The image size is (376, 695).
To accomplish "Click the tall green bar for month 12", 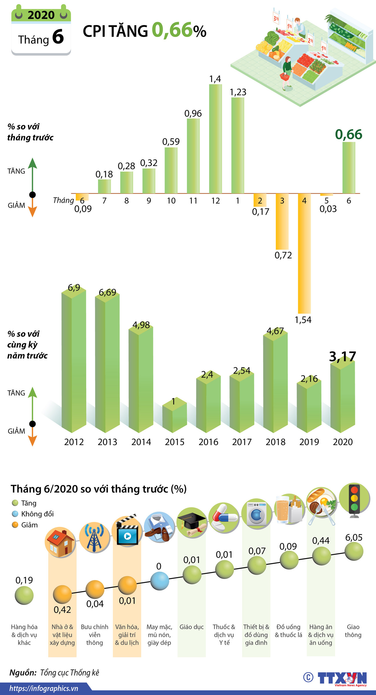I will tap(215, 139).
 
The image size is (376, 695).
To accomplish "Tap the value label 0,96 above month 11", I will tap(193, 114).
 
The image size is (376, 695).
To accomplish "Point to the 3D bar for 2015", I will tap(174, 416).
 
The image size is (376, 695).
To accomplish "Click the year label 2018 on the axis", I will tap(275, 442).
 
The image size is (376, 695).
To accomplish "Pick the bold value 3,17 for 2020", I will tap(342, 357).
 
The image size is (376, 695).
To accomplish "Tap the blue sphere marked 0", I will tap(160, 581).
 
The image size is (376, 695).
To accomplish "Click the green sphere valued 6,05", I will tap(354, 551).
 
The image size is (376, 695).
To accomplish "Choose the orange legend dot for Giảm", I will tap(15, 525).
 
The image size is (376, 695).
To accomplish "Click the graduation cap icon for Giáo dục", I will tap(192, 523).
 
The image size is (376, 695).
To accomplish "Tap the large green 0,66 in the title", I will tap(172, 30).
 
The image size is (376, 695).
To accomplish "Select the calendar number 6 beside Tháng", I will tap(58, 37).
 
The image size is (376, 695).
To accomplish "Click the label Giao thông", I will tap(353, 631).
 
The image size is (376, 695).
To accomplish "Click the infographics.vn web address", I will tap(44, 688).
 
